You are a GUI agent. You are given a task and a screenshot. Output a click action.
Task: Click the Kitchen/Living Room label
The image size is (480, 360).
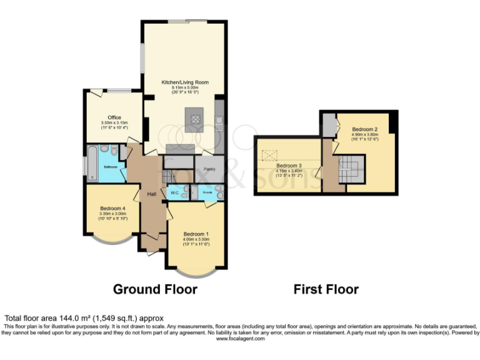tap(184, 82)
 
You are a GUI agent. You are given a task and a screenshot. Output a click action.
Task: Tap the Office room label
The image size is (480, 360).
tap(114, 117)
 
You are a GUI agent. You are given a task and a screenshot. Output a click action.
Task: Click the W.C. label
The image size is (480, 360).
tap(175, 192)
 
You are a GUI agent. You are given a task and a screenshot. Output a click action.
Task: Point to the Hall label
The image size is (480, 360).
tap(151, 194)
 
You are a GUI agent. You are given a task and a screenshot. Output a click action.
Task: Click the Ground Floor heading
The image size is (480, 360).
tap(155, 289)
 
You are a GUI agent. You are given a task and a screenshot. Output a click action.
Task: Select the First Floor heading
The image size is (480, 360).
tap(326, 289)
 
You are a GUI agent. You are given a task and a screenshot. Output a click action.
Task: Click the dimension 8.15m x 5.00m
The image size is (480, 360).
tap(185, 87)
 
